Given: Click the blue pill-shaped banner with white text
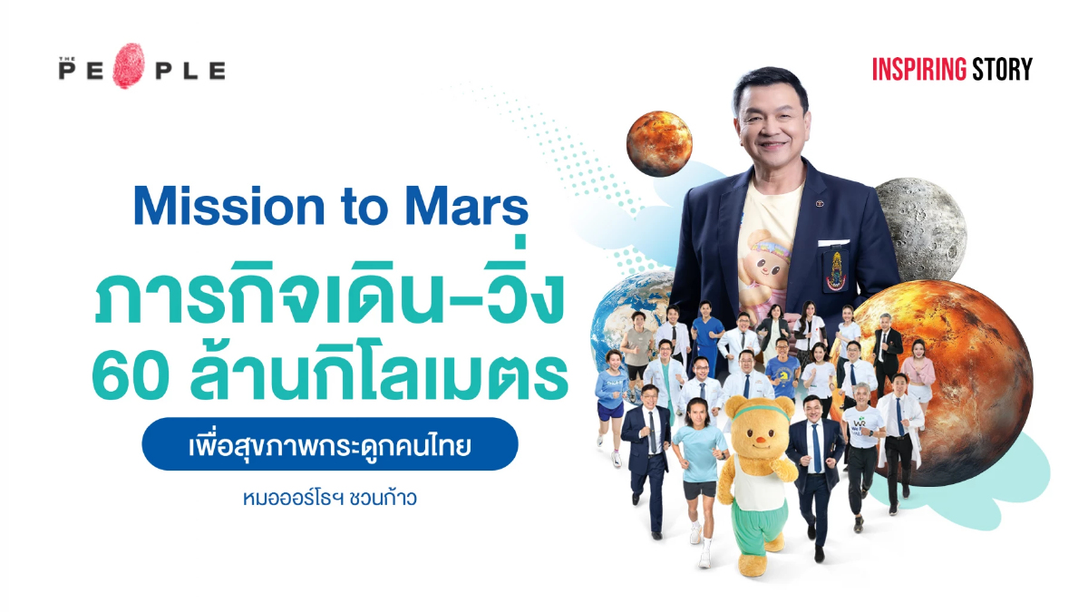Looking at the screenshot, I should tap(330, 444).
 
